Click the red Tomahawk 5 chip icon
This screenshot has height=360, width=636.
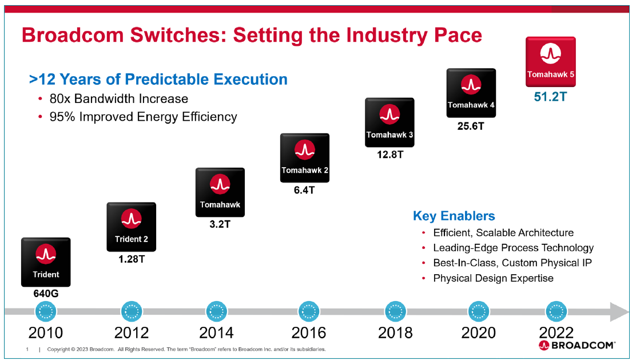coord(550,62)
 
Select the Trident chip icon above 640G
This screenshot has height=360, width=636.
coord(46,262)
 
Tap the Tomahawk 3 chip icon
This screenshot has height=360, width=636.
coord(389,122)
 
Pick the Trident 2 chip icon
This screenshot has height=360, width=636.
coord(131,227)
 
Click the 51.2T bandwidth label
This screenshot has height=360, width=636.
coord(550,97)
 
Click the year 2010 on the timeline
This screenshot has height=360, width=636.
coord(46,333)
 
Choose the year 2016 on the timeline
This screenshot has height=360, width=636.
coord(308,333)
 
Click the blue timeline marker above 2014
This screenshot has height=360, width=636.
coord(216,312)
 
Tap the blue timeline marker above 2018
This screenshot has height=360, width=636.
coord(395,312)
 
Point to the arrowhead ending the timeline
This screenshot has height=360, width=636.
coord(619,312)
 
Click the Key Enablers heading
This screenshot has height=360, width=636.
coord(454,216)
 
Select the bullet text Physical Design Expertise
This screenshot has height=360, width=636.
coord(493,278)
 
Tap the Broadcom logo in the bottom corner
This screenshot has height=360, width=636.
coord(577,345)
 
